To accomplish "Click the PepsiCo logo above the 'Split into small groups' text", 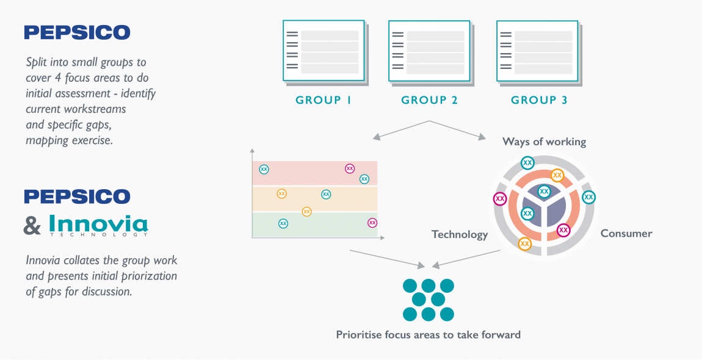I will coord(77,32).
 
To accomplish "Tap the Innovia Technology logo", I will coord(98,225).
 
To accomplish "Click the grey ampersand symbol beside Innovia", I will coord(32,226).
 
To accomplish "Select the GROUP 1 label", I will coord(324,100).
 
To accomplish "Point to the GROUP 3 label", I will coord(539,100).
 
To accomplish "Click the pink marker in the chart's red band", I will coord(350,168).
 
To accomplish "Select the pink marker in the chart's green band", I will coord(372,223).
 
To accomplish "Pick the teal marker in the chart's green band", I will coord(283,223).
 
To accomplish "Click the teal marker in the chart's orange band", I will coord(326,194).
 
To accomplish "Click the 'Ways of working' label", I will coord(544,142).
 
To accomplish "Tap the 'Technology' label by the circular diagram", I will coord(460,234).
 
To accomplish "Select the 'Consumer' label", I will coord(626,233).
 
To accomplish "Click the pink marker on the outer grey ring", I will coord(500,198).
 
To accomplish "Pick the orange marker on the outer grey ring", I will coord(524,244).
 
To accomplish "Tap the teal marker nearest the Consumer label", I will coord(588,197).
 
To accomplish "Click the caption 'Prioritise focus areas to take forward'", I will coord(428,334).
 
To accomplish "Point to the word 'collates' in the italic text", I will coord(78,261).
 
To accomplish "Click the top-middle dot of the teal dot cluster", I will coord(429,286).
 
